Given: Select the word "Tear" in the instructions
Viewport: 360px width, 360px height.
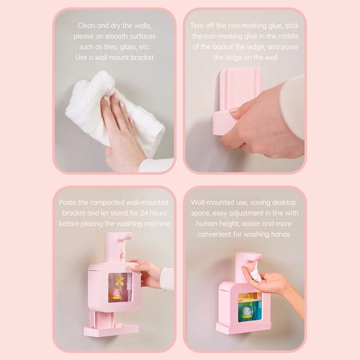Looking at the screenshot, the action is pos(197,26).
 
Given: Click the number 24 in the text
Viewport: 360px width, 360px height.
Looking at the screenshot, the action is pos(144,213).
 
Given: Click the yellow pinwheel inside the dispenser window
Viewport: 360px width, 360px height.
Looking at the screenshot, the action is pos(120,281).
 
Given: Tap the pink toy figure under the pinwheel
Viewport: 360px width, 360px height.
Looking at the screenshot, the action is pos(116,294).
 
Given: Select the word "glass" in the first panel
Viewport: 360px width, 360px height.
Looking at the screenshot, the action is pos(128,47).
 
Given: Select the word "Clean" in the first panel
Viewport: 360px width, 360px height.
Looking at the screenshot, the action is pos(86,26).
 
